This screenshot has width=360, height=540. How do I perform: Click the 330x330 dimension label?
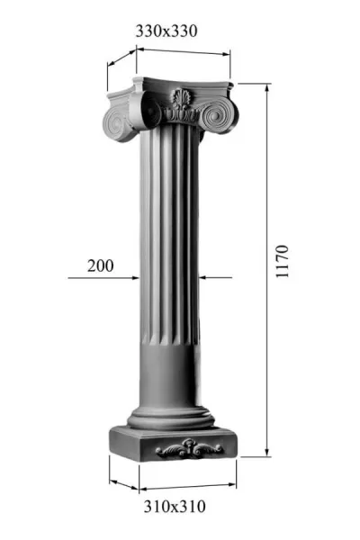tap(166, 31)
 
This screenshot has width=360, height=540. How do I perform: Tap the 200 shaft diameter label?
tap(100, 265)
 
